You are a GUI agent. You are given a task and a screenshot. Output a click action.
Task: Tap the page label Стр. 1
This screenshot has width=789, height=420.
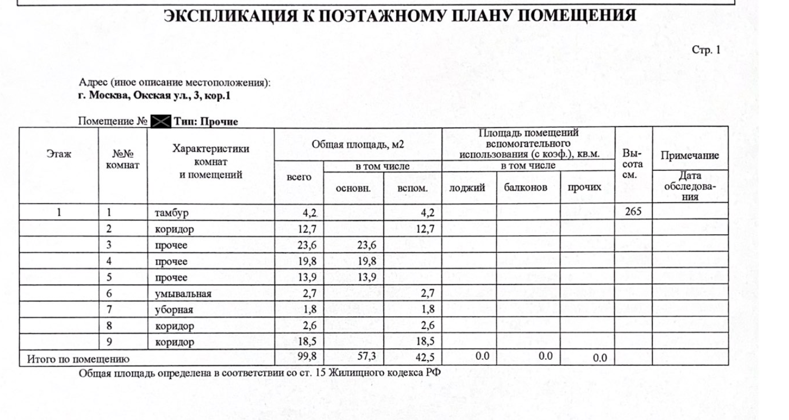[705, 50]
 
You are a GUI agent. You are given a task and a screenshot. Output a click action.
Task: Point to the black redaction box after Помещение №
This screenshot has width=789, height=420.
[160, 121]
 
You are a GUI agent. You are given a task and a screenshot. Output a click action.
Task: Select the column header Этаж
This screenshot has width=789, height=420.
[59, 155]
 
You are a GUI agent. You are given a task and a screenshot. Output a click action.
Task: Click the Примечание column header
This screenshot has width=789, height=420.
[690, 156]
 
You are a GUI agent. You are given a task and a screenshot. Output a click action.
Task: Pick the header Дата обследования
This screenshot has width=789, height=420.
[690, 186]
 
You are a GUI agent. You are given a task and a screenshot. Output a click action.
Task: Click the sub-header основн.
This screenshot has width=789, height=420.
[353, 188]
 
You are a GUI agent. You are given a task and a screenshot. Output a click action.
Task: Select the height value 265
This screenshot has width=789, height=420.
[633, 213]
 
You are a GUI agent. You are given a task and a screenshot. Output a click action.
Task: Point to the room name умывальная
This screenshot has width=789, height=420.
[182, 294]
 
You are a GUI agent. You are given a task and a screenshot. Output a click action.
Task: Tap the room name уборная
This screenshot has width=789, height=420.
[174, 310]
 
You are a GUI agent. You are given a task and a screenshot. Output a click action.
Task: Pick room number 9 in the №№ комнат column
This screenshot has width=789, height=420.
[109, 342]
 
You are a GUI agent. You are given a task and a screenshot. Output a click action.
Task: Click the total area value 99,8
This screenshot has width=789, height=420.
[306, 357]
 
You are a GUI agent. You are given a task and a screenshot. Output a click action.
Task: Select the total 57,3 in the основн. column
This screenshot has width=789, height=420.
[366, 357]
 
